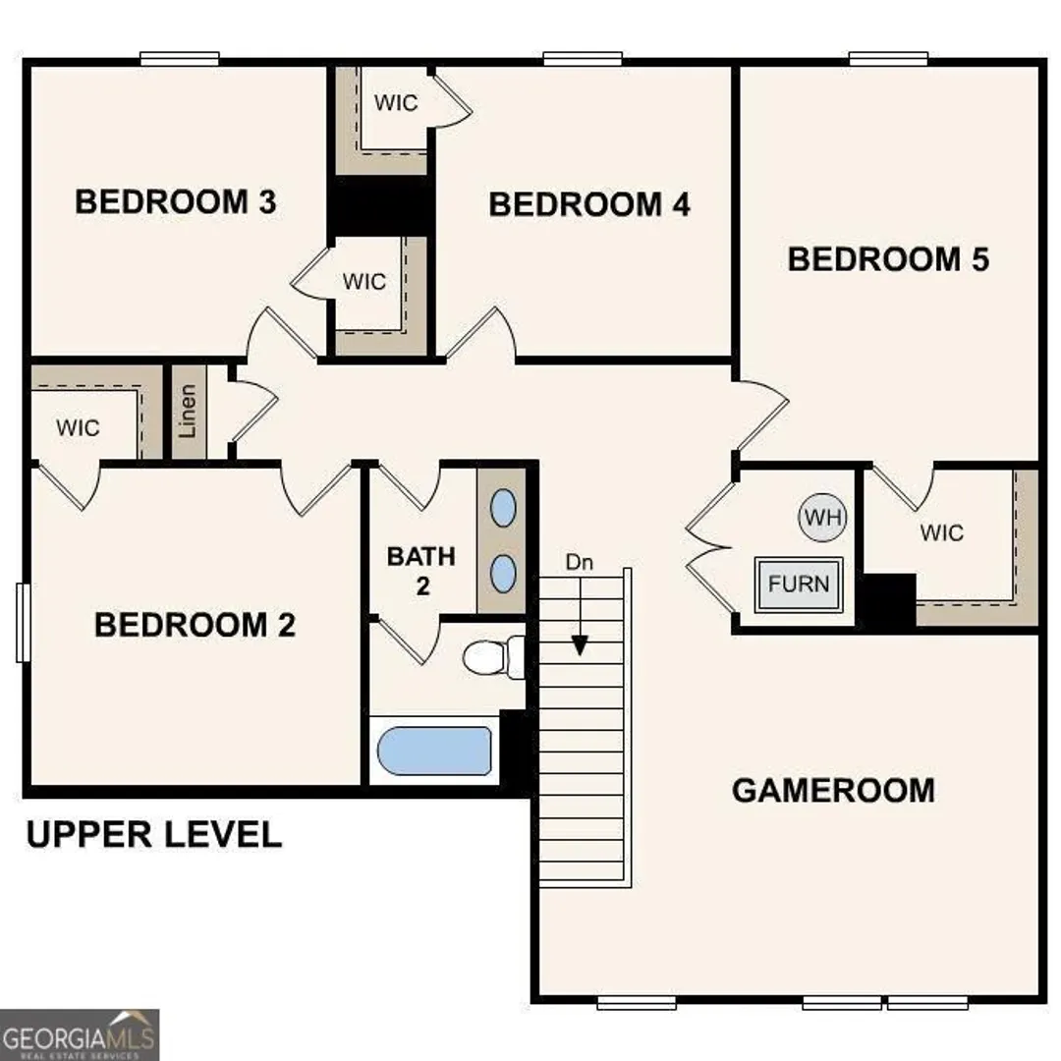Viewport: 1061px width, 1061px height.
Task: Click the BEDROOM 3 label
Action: [x=175, y=201]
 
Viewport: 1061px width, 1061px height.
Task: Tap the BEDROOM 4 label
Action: [x=589, y=204]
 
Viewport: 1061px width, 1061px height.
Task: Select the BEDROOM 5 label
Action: [x=888, y=259]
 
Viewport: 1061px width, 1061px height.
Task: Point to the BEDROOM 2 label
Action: [x=195, y=625]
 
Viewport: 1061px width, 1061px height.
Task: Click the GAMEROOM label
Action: [x=834, y=790]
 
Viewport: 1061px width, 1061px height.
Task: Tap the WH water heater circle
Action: [x=823, y=518]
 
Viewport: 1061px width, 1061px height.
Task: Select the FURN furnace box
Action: [x=799, y=584]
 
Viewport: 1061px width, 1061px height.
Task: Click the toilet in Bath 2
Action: [x=494, y=657]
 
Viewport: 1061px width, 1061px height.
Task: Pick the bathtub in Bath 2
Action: [x=434, y=751]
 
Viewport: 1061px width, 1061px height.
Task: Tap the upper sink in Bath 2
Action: [x=503, y=508]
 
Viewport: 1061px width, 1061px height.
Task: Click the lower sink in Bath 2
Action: [x=503, y=574]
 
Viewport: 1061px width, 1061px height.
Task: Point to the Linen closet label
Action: [x=188, y=411]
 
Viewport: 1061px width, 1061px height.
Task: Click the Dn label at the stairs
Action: [x=580, y=562]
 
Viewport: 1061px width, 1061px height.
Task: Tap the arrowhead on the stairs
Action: [x=580, y=645]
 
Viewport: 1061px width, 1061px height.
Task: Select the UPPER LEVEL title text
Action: [x=153, y=834]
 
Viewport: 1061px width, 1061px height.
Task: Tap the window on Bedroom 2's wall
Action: [x=23, y=623]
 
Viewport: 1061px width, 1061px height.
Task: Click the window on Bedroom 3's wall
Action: [x=180, y=59]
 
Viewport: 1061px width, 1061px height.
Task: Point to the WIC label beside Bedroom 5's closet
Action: [x=942, y=533]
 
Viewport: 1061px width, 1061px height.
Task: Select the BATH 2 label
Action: [x=421, y=571]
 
